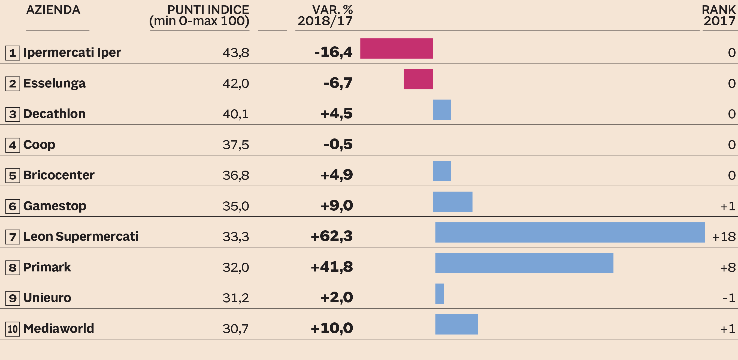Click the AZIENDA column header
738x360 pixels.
(53, 10)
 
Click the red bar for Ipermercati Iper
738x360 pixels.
(397, 49)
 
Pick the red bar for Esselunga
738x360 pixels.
(418, 79)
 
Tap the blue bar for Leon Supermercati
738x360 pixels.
(570, 232)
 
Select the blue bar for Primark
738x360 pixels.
(524, 263)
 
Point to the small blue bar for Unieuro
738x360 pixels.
(440, 294)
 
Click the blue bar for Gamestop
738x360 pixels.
(452, 202)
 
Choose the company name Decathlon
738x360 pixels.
(55, 114)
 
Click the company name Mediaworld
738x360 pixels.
(59, 328)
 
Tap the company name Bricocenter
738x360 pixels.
(59, 175)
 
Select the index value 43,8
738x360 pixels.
(236, 53)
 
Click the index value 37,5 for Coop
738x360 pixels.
(236, 145)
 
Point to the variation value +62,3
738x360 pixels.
(332, 236)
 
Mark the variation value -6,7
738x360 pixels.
(338, 83)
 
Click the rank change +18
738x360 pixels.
(724, 237)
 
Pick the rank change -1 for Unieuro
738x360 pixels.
(729, 298)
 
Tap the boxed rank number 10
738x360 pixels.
(13, 329)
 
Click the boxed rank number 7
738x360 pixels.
(13, 237)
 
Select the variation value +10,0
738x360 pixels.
(332, 328)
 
